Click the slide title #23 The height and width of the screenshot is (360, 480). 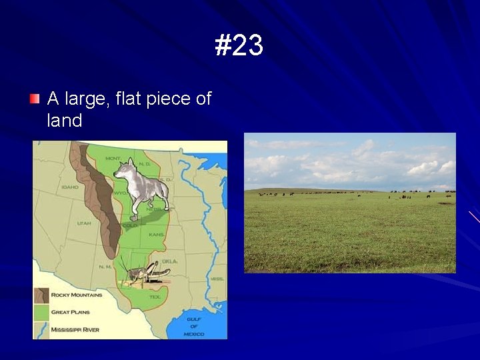(x=239, y=46)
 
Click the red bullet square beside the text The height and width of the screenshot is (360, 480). (x=35, y=99)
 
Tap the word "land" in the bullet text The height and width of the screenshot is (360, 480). (x=65, y=121)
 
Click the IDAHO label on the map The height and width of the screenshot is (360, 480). (x=70, y=187)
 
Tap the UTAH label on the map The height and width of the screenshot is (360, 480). (x=84, y=223)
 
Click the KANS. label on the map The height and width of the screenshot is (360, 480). (x=155, y=235)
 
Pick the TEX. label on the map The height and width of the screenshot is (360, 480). (x=155, y=296)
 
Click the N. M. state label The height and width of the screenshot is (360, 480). (x=106, y=266)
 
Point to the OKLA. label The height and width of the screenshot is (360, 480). (x=170, y=261)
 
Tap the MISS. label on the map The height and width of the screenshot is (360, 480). (x=217, y=279)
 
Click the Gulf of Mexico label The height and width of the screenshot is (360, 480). (x=194, y=326)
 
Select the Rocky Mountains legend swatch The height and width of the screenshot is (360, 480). (x=41, y=295)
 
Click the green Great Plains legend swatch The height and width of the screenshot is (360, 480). (x=41, y=312)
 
